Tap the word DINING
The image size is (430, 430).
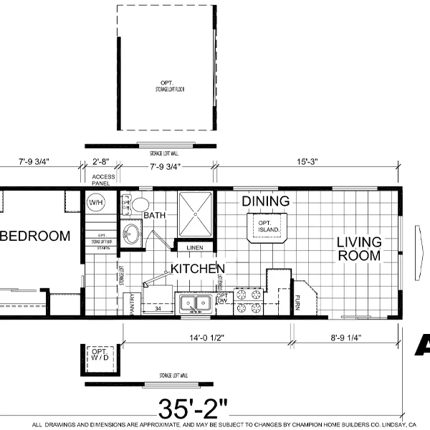tap(265, 201)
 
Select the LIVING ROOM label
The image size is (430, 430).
tap(360, 249)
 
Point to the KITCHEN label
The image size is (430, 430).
tap(198, 269)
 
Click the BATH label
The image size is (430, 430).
tap(156, 215)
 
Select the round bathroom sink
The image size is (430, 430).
tap(132, 234)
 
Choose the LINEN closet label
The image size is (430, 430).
tap(195, 248)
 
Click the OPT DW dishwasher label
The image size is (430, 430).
tap(222, 299)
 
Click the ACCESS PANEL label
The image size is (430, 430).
tap(104, 179)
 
